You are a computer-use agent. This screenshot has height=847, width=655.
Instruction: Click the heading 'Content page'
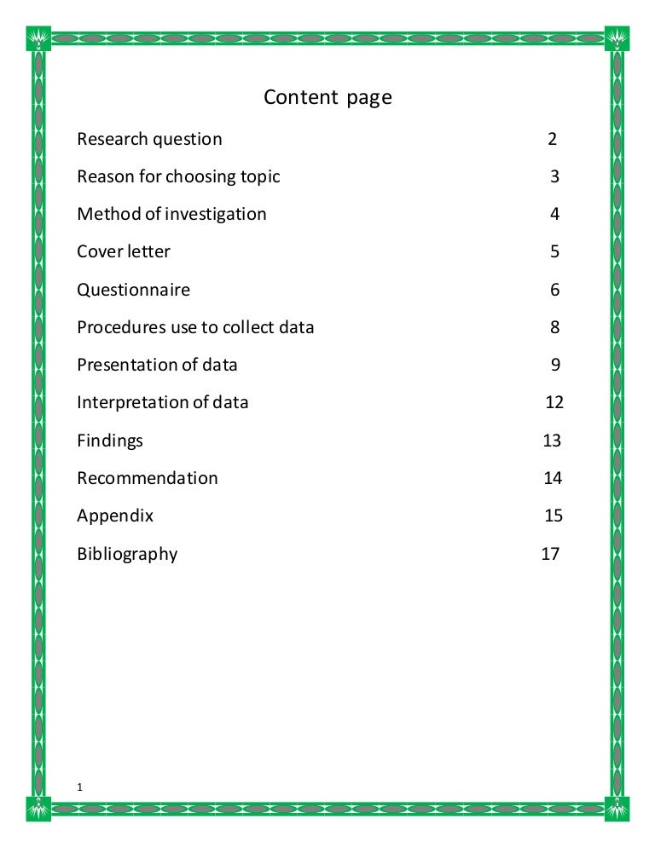[x=327, y=98]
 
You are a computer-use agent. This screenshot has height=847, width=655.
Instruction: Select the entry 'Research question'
[x=149, y=139]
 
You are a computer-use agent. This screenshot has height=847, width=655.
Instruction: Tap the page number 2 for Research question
[x=553, y=139]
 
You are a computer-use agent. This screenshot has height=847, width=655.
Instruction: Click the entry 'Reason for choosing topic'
[x=178, y=177]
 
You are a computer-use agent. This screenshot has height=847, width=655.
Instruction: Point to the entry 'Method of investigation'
[x=171, y=214]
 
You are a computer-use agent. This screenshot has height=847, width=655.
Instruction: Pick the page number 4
[x=554, y=214]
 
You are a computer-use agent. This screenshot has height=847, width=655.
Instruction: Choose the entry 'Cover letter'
[x=124, y=251]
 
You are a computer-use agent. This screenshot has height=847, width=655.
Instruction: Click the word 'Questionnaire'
[x=134, y=290]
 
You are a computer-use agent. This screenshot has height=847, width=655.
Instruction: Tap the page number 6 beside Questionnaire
[x=554, y=290]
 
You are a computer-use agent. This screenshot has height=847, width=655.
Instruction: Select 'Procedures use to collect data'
[x=195, y=327]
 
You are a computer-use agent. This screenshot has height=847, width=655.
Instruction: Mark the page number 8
[x=554, y=327]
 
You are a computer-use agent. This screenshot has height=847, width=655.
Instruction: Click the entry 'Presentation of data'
[x=157, y=365]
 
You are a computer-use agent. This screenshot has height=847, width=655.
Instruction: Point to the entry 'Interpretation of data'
[x=163, y=402]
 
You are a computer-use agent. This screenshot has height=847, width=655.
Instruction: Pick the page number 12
[x=554, y=402]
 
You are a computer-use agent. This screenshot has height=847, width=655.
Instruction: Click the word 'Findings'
[x=110, y=441]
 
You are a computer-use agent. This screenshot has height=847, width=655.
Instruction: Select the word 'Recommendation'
[x=148, y=478]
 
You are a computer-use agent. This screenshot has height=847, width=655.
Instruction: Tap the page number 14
[x=553, y=478]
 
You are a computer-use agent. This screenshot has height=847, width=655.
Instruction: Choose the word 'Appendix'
[x=115, y=516]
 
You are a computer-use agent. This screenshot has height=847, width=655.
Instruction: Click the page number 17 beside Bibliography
[x=550, y=554]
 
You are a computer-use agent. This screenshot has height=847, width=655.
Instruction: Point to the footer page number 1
[x=79, y=787]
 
